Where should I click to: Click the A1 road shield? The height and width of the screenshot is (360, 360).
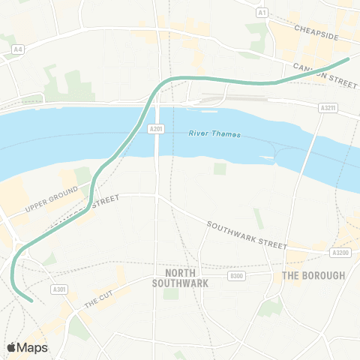[262, 13]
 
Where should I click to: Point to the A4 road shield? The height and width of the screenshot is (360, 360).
[17, 49]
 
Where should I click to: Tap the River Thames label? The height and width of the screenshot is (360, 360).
[214, 134]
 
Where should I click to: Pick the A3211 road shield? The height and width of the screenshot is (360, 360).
[327, 109]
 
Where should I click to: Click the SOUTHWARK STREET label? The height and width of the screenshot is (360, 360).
[247, 235]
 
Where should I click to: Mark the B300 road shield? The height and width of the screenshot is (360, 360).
[237, 276]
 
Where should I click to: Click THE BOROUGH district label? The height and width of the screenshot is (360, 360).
[313, 275]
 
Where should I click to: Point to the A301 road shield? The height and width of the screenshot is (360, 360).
[59, 289]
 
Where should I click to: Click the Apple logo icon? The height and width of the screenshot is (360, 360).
[12, 347]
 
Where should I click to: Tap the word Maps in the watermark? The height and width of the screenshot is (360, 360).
[33, 348]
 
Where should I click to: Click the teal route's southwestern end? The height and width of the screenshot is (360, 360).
[31, 301]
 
